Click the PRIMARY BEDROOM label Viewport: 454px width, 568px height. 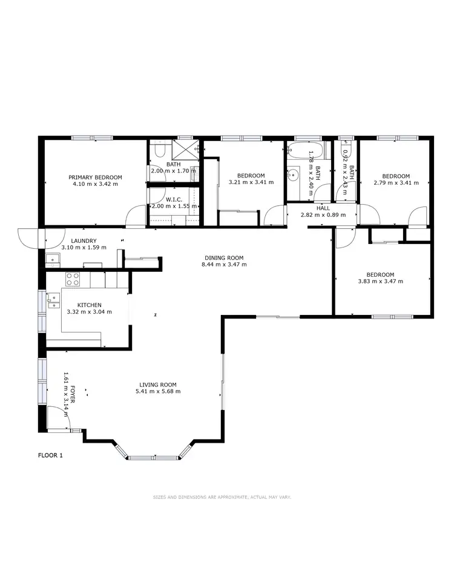point(95,177)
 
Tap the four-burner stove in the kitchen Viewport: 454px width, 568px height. point(73,279)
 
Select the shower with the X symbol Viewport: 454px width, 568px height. point(186,150)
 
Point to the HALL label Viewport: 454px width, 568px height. point(323,208)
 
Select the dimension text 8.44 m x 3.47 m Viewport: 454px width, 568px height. point(225,265)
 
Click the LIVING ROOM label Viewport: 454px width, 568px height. point(157,385)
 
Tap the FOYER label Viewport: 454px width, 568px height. point(72,394)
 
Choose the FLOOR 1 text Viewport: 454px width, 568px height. point(50,455)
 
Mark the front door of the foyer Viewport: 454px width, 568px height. point(58,418)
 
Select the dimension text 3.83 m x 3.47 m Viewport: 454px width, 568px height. point(380,281)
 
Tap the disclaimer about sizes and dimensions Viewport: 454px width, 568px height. point(222,497)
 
